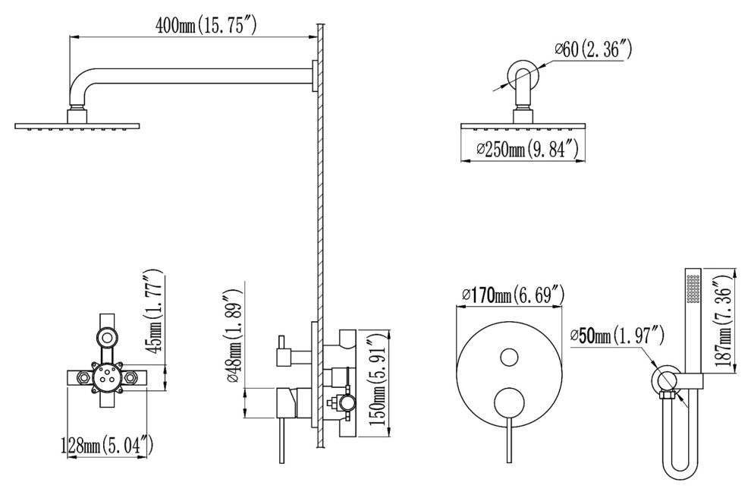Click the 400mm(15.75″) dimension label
(x=205, y=25)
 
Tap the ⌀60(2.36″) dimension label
(x=593, y=49)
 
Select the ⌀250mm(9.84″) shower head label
(x=527, y=149)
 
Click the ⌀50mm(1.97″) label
(x=617, y=336)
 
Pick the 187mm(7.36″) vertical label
(x=725, y=322)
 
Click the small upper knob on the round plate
(x=509, y=358)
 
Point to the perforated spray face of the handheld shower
(x=693, y=288)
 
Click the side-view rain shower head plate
(x=77, y=126)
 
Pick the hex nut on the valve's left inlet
(x=85, y=377)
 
